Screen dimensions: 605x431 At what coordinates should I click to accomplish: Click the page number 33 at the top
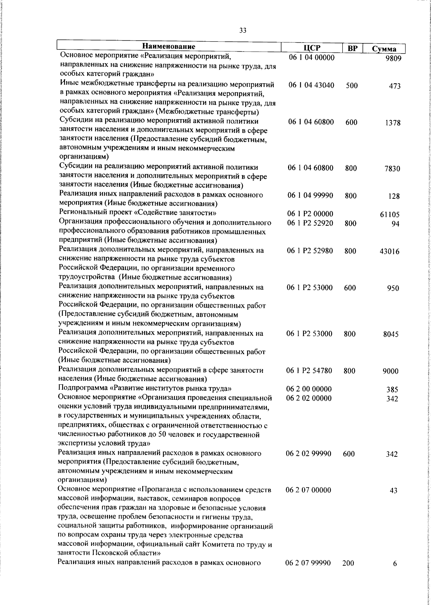(x=243, y=31)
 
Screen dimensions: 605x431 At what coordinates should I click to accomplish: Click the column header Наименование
(x=169, y=47)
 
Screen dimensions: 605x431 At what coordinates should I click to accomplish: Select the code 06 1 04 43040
(x=311, y=85)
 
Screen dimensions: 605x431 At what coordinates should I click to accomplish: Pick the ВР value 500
(x=352, y=86)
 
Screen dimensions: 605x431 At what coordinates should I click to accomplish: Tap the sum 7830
(x=393, y=169)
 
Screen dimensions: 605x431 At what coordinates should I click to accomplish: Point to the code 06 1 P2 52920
(x=310, y=223)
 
